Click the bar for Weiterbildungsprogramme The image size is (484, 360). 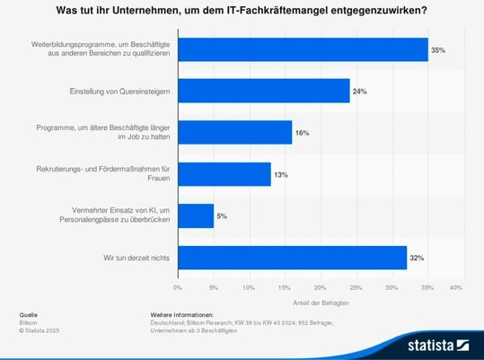coord(303,49)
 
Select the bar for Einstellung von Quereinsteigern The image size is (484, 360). coord(263,91)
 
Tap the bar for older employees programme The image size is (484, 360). coord(234,133)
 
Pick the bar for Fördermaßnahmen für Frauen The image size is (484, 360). coord(224,174)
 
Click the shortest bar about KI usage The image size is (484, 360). coord(196,216)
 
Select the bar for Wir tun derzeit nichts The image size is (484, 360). coord(292,258)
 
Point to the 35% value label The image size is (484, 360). coord(438,50)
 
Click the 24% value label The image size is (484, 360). coord(359,92)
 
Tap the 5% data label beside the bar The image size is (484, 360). coord(222,216)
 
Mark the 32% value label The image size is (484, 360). coord(417,259)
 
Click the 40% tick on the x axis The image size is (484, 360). coord(455,287)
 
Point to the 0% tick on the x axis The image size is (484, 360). coord(178,287)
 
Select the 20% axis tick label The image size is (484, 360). coord(317,287)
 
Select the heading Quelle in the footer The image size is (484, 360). coord(29,316)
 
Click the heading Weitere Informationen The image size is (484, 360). coord(182,316)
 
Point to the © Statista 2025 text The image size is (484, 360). coord(40,330)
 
